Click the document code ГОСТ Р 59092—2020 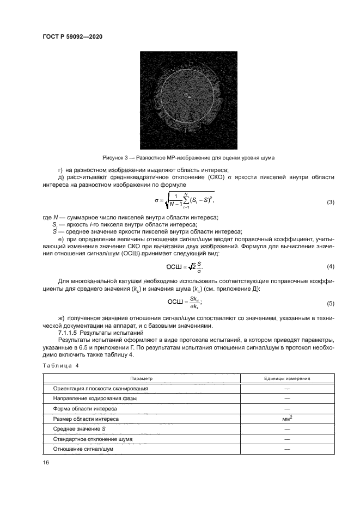click(x=72, y=36)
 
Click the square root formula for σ click(x=184, y=202)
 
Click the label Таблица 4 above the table click(x=60, y=365)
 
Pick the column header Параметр click(x=142, y=378)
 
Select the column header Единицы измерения click(x=287, y=378)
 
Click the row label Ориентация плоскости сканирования click(x=101, y=388)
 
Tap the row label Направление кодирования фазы click(x=95, y=398)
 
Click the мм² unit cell click(x=287, y=419)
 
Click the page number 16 click(x=46, y=462)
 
